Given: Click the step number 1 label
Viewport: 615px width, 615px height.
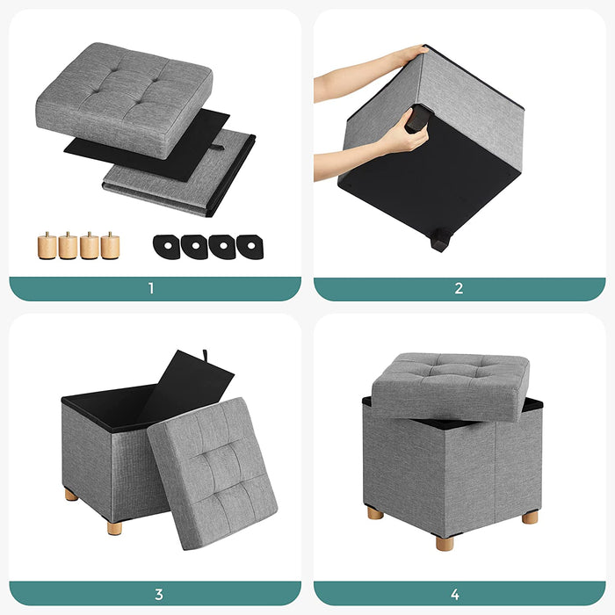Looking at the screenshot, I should coord(151,289).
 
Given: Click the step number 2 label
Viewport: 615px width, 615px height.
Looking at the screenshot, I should coord(459,289).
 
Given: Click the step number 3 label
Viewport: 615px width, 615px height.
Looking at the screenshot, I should coord(158,594).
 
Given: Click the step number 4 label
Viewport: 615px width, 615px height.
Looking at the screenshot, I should coord(459,594).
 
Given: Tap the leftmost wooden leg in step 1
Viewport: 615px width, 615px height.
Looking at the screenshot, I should coord(47,245).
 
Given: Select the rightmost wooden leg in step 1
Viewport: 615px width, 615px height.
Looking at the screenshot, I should coord(110,245).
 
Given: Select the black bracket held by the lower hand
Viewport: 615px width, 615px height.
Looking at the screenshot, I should coord(417,118).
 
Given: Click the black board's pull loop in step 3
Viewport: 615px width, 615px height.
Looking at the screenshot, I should coord(208,356).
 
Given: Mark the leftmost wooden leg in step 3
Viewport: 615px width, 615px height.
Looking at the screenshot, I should coord(71,495).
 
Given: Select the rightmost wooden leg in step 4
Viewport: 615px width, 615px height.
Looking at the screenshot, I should coord(530,517).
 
